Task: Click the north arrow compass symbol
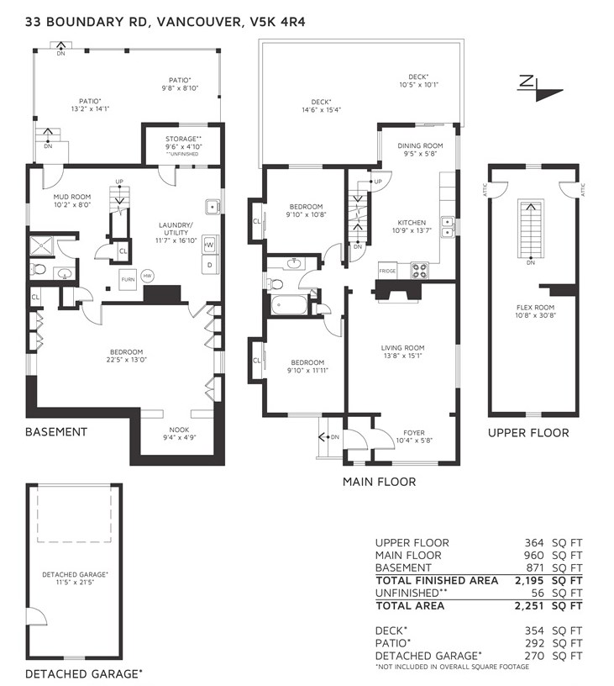click(x=539, y=88)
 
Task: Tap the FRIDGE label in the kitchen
click(x=387, y=271)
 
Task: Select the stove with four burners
click(x=420, y=270)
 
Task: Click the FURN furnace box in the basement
click(x=128, y=279)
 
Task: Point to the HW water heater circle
click(x=148, y=276)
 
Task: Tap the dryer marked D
click(x=210, y=265)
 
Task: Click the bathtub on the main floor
click(x=289, y=304)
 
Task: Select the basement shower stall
click(x=40, y=245)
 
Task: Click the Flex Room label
click(x=535, y=307)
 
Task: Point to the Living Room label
click(x=402, y=348)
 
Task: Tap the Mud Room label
click(x=72, y=197)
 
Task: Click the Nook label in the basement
click(x=179, y=430)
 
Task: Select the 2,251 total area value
click(x=529, y=606)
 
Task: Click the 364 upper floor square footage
click(x=534, y=543)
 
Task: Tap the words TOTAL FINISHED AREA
click(x=437, y=581)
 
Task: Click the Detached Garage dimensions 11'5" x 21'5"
click(x=75, y=583)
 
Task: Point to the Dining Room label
click(x=420, y=145)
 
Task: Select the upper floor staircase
click(x=531, y=229)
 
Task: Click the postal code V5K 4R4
click(x=277, y=22)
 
